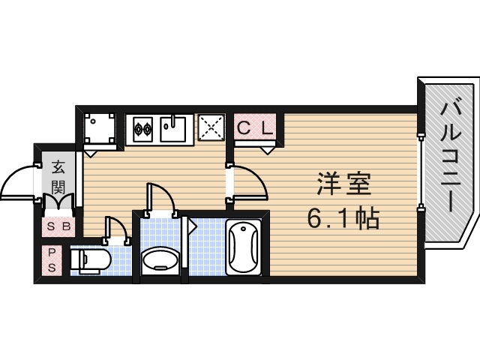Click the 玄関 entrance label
point(58,176)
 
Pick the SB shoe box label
point(58,226)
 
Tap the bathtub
point(244,247)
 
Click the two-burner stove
point(142,129)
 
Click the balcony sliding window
point(421,163)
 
